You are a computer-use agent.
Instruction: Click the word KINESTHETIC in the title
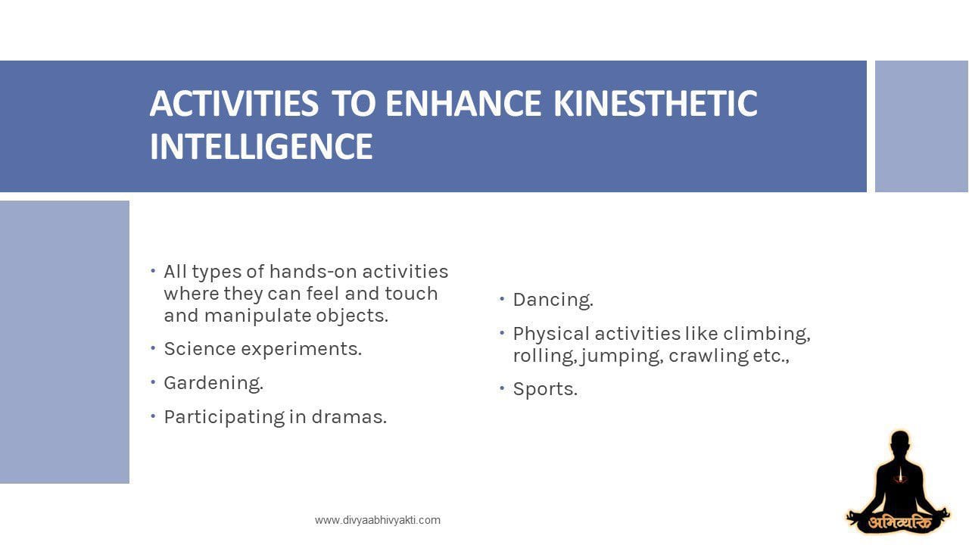click(x=656, y=104)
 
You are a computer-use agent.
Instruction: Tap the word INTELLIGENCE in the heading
click(x=261, y=146)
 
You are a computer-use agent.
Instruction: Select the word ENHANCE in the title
click(x=463, y=104)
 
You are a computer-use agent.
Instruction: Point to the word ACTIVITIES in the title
click(x=234, y=104)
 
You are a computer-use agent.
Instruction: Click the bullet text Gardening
click(x=213, y=383)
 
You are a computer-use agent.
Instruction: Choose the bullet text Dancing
click(x=553, y=300)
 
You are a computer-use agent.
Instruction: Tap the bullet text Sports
click(x=545, y=389)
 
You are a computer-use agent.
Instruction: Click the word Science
click(x=199, y=349)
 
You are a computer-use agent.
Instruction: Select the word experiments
click(x=301, y=350)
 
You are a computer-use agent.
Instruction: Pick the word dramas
click(x=349, y=417)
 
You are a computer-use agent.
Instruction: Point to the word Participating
click(x=224, y=418)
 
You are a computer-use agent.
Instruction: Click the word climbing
click(x=767, y=335)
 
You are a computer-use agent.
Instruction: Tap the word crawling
click(x=708, y=357)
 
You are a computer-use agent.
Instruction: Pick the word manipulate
click(x=257, y=316)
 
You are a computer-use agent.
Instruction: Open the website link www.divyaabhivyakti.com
click(x=378, y=520)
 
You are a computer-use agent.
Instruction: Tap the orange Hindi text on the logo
click(x=899, y=523)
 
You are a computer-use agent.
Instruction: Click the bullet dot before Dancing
click(x=502, y=298)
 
